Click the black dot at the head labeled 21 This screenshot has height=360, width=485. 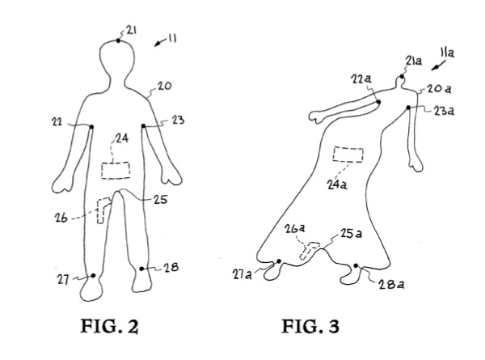coord(118,40)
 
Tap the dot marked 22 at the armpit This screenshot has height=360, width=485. coord(91,126)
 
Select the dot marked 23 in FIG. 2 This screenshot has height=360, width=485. coord(144,125)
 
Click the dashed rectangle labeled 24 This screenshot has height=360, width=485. coord(116,170)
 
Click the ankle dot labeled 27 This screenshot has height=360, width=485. coord(93,276)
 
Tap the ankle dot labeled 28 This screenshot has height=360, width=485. coord(141,269)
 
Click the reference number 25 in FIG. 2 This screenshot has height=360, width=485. coord(160,200)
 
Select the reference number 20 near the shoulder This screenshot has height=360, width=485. coord(164,86)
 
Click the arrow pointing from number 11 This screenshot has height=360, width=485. coord(161,43)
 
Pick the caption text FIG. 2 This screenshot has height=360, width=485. coord(109,326)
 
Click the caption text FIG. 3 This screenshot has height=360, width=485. coord(310,326)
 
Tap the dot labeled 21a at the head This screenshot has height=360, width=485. coord(402,77)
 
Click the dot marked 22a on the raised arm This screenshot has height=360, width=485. coord(378,102)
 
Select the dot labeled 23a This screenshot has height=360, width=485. coord(408,108)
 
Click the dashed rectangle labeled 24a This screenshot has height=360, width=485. coord(348,155)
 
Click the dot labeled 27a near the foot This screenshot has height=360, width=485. coord(279,261)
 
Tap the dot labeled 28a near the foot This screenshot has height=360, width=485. coord(356,265)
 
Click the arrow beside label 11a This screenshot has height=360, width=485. coord(439,66)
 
